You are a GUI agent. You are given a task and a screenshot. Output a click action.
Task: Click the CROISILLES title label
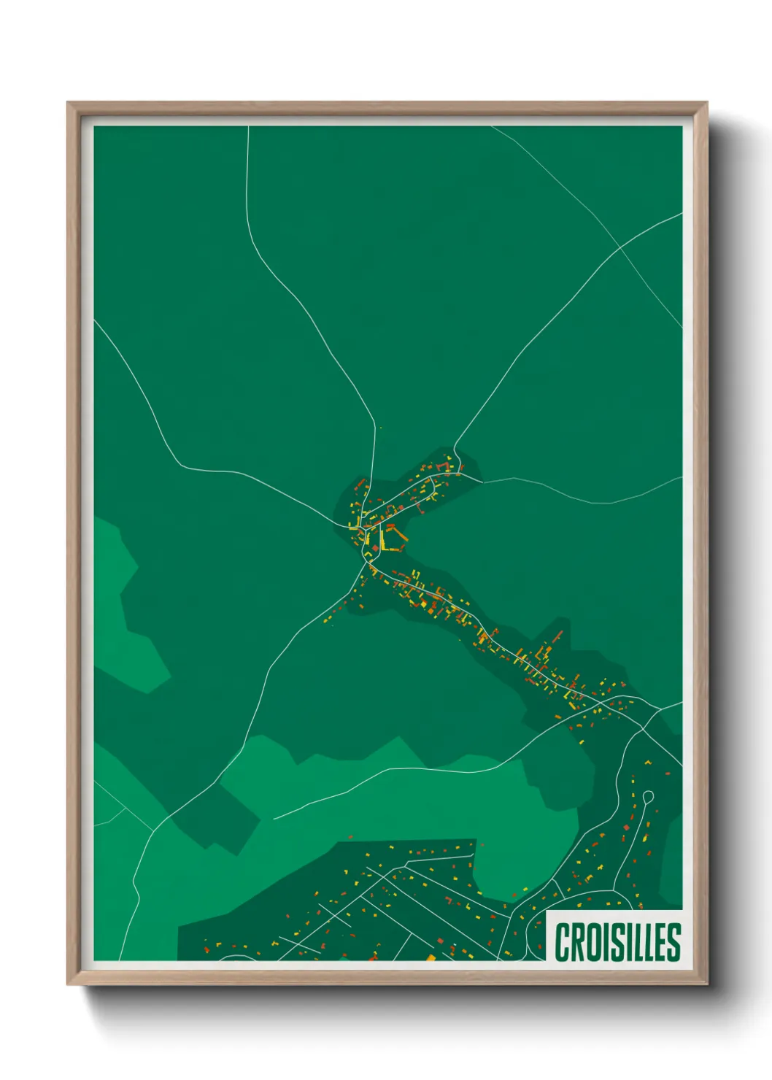[617, 941]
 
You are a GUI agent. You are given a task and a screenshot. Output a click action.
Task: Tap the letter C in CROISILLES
[563, 942]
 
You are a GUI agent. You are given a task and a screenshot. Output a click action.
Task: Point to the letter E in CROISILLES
[660, 942]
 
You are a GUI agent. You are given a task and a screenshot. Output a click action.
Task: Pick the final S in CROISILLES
[674, 942]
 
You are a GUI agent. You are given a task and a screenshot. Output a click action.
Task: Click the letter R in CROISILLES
[577, 942]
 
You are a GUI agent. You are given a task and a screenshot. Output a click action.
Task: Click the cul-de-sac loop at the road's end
[648, 795]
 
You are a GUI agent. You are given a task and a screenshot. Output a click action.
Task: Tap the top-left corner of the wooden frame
[69, 104]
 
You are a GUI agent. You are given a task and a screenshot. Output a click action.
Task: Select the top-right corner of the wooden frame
[706, 104]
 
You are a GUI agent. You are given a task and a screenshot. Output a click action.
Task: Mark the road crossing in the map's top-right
[621, 247]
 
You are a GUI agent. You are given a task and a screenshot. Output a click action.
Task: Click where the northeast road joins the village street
[454, 447]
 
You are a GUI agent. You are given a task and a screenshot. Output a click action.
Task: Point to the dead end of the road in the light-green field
[274, 818]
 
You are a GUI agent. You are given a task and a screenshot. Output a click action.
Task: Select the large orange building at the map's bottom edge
[431, 957]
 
